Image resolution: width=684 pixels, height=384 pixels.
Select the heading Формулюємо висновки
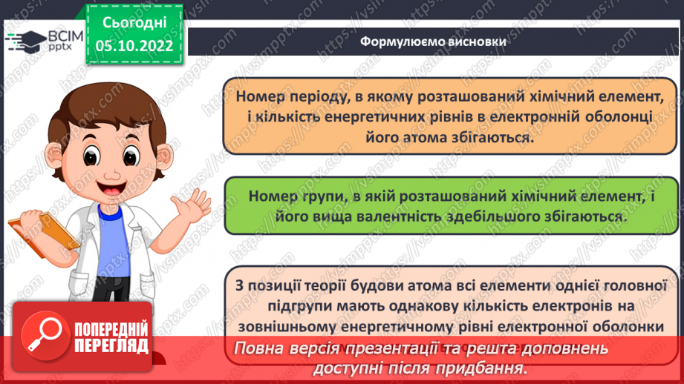pos(433,42)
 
